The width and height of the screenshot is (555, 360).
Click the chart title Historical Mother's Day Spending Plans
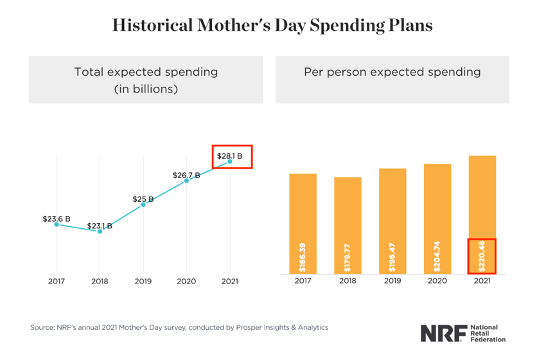pos(272,25)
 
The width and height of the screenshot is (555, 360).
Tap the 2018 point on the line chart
pos(100,231)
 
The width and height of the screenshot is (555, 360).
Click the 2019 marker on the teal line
pos(143,204)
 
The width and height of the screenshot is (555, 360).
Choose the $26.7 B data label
pos(186,175)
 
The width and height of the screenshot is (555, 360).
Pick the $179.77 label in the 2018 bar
pos(348,256)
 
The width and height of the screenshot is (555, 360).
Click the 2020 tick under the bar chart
pos(437,282)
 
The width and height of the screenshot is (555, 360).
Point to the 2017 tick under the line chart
pos(57,282)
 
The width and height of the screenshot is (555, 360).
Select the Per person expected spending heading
pos(392,72)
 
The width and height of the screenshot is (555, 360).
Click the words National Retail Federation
pos(488,332)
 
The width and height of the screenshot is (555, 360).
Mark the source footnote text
pos(179,327)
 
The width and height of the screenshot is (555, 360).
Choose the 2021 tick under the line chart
pos(230,282)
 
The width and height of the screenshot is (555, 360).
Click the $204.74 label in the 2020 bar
pos(437,256)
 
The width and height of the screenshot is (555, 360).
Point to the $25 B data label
pos(143,199)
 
